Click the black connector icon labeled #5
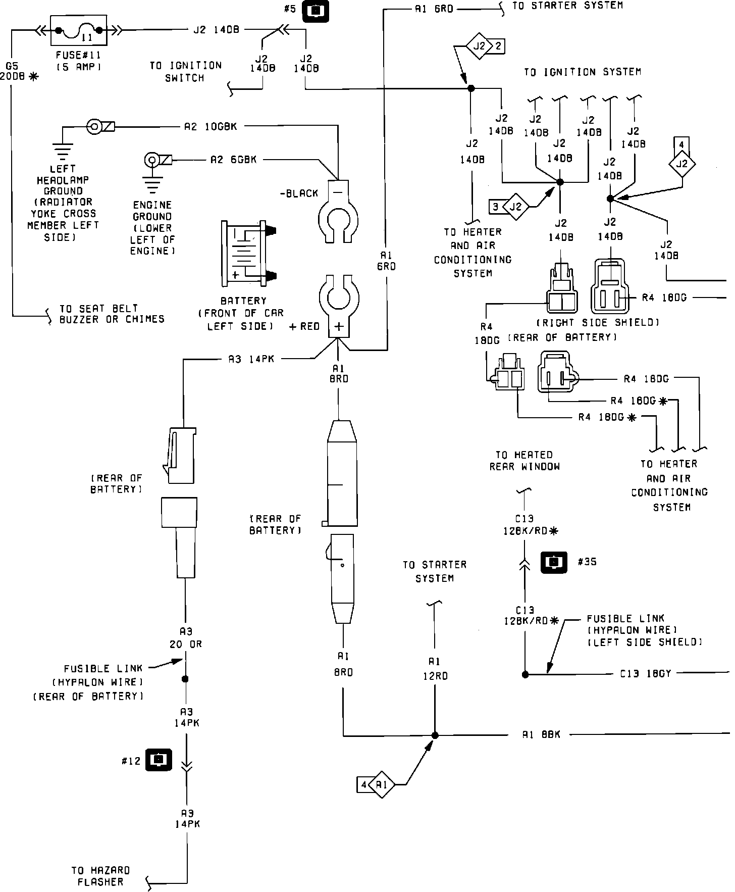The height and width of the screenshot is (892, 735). tap(316, 11)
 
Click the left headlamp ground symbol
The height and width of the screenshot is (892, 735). tap(63, 143)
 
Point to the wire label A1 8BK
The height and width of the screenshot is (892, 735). tap(541, 735)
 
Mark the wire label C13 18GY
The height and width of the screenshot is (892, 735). tap(645, 674)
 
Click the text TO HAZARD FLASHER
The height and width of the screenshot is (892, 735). tap(100, 876)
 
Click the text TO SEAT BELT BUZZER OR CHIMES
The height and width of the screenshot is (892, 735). tap(112, 314)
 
